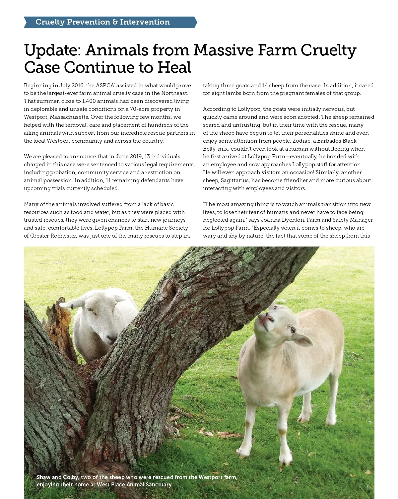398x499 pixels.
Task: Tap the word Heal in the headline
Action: (174, 68)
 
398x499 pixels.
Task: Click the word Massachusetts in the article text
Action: (69, 117)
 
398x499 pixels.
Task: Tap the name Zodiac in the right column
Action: (301, 141)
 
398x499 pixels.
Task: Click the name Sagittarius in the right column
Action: (235, 180)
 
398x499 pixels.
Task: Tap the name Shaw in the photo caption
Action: (43, 477)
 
